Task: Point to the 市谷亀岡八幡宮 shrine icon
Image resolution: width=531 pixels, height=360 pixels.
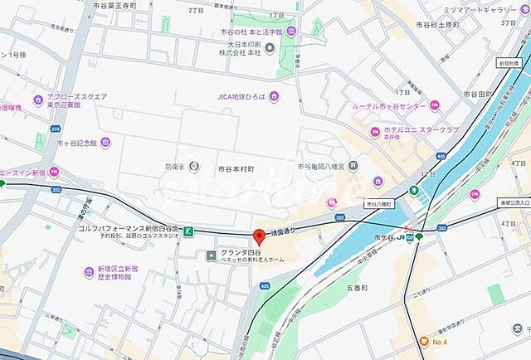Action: point(354,165)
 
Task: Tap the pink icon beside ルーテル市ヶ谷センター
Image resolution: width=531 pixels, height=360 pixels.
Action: point(434,105)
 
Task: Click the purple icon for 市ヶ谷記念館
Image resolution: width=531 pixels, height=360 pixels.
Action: point(48,143)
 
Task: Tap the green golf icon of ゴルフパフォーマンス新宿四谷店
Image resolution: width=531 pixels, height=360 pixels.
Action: point(189,230)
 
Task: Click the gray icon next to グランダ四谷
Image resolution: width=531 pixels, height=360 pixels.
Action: point(211,254)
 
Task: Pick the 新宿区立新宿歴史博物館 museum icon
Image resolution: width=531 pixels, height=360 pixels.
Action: point(89,272)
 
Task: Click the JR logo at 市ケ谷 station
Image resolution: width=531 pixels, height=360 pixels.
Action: point(400,239)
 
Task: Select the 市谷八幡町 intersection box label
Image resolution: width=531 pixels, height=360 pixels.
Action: point(383,202)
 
